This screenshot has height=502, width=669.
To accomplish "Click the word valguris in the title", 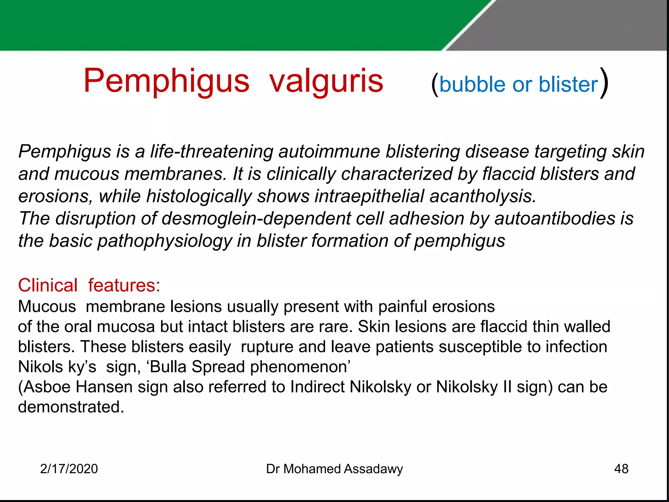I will click(326, 81).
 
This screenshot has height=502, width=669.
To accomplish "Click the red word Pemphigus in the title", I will click(166, 81).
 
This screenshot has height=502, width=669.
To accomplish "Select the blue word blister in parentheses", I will click(568, 84).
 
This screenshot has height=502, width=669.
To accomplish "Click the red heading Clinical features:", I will click(89, 285).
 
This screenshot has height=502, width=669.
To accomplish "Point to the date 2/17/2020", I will click(69, 469).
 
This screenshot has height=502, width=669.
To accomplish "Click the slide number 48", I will click(621, 469).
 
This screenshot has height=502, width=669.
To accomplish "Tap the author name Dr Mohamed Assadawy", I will click(334, 469).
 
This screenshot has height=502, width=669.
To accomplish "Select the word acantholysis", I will click(482, 196).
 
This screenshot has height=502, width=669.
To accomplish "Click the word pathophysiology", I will click(165, 241).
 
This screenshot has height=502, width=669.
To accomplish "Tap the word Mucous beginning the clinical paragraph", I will click(47, 307).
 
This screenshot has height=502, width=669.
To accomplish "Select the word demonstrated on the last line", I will click(71, 407).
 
